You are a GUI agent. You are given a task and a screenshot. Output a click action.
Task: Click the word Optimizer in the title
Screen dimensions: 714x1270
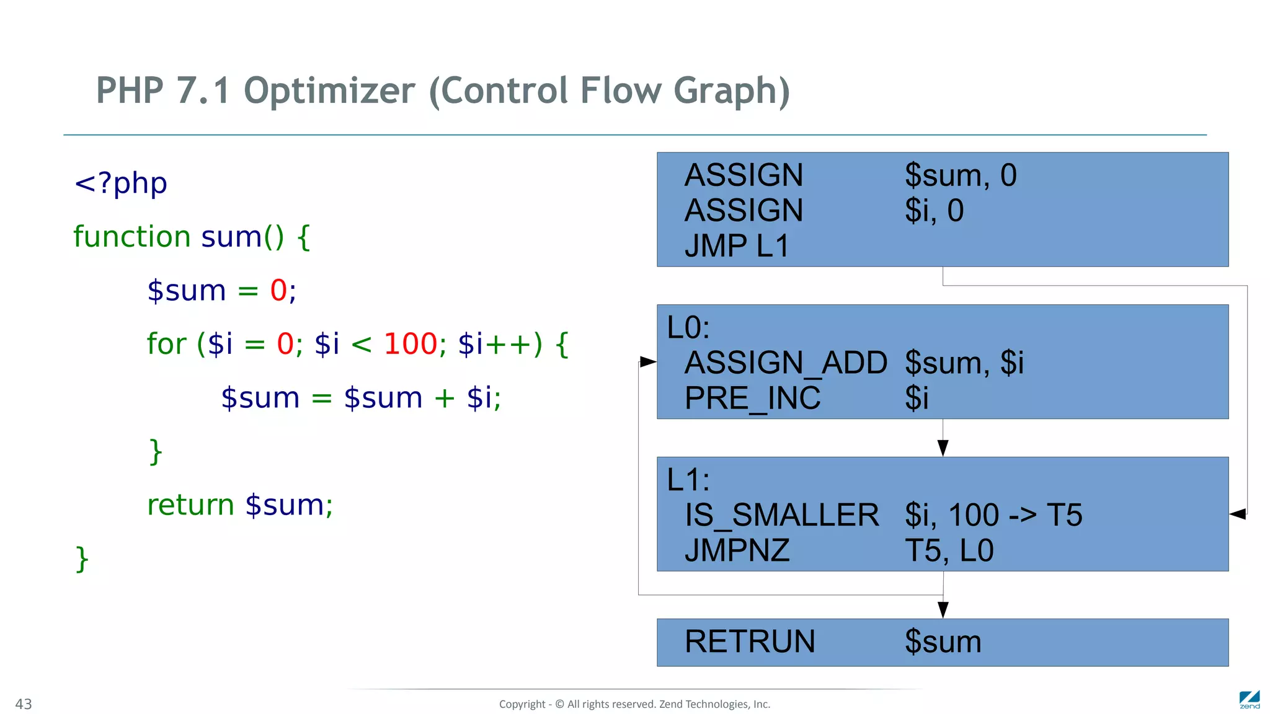(329, 91)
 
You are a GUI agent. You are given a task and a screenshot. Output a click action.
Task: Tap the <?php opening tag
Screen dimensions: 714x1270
(120, 183)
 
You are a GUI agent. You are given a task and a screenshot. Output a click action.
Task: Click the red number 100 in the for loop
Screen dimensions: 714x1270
(411, 344)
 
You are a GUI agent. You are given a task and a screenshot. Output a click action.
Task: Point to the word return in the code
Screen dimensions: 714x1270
(190, 505)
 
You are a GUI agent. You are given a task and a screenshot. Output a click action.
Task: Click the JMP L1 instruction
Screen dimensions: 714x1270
(737, 246)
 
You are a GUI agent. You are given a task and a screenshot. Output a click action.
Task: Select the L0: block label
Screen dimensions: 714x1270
(688, 327)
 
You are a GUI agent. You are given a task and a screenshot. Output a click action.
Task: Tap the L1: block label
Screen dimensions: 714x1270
(688, 480)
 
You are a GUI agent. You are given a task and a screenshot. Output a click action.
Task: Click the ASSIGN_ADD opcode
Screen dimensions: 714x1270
(786, 363)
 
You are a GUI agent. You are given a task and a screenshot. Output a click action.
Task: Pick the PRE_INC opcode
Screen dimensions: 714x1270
(752, 398)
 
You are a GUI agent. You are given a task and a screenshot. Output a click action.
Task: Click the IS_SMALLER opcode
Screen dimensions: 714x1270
(781, 515)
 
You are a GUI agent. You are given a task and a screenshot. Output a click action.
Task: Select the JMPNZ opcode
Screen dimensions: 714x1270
(737, 550)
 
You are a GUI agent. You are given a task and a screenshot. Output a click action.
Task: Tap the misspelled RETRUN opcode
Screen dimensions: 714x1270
(750, 641)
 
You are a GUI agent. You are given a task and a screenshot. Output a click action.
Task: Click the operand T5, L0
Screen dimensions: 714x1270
(949, 550)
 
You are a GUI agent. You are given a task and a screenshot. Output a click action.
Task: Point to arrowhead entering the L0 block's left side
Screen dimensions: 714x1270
(648, 361)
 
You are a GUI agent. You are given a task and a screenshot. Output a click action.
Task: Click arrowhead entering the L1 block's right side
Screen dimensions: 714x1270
(1238, 514)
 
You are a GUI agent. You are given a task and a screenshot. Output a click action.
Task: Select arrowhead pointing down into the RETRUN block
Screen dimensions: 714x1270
(943, 609)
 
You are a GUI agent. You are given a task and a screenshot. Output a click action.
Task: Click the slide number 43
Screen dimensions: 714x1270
(24, 704)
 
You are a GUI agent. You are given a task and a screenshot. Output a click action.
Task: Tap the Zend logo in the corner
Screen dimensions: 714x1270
(1249, 699)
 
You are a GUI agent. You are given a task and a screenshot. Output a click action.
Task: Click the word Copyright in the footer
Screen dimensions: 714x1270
(522, 704)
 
